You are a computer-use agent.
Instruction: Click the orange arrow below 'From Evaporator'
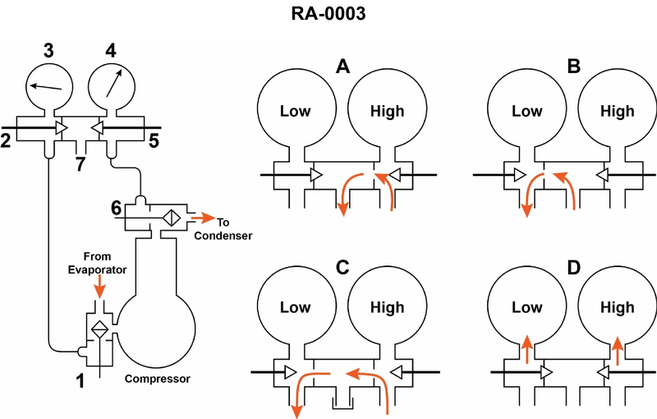click(100, 287)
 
